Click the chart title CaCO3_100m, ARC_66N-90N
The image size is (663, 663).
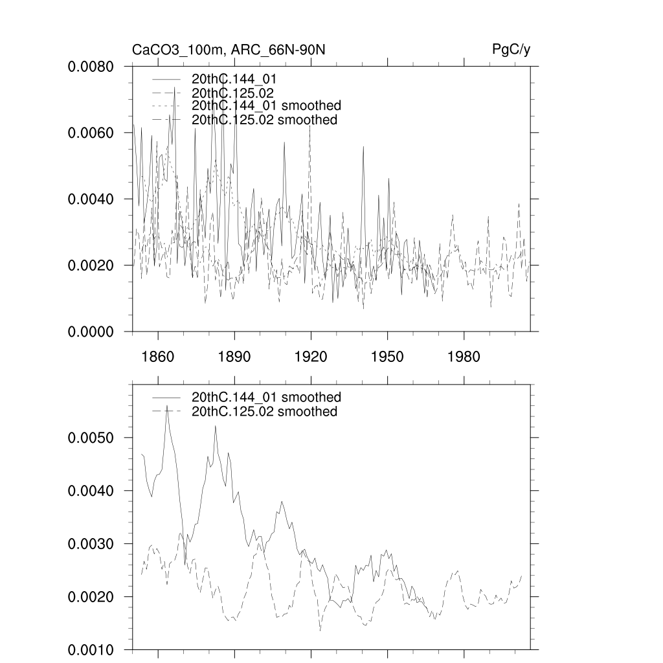233,50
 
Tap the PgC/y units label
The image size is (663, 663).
511,50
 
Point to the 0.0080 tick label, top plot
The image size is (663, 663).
91,67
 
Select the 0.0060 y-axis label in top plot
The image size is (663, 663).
91,133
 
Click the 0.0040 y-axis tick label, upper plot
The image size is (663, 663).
91,199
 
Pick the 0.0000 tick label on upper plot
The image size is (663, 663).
91,331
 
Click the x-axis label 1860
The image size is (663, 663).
158,357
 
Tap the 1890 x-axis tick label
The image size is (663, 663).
234,357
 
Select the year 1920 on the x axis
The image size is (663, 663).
311,357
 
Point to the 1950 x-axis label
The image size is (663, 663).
387,357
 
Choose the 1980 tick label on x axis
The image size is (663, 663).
464,357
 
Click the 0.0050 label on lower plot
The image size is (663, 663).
91,438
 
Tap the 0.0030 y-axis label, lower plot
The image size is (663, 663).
91,544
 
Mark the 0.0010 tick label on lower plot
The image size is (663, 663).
91,649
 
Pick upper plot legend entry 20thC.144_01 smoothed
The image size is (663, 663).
266,106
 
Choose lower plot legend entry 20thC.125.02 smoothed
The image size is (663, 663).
264,412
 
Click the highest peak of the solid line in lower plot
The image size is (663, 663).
167,406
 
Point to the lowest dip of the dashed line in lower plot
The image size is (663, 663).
320,630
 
